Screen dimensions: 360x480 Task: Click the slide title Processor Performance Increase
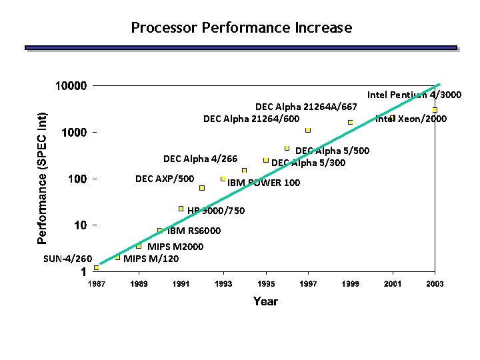point(241,27)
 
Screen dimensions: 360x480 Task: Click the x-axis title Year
point(265,301)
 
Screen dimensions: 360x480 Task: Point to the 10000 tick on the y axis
point(70,86)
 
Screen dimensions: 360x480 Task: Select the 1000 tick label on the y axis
point(74,133)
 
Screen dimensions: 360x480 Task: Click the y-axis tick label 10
point(80,225)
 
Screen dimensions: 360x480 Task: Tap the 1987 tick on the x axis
point(96,284)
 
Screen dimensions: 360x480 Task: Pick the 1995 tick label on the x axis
point(266,284)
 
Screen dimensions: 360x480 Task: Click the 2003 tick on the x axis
point(435,284)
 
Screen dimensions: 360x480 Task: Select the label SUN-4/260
point(67,258)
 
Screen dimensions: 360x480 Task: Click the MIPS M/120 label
point(151,258)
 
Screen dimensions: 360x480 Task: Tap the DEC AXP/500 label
point(165,179)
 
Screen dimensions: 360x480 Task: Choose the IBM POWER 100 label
point(263,183)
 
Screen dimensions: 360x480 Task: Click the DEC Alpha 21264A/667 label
point(307,107)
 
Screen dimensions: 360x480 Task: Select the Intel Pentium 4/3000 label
point(414,95)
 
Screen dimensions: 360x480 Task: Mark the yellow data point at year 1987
point(96,267)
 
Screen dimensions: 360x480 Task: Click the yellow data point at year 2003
point(434,109)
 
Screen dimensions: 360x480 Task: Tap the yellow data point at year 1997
point(308,130)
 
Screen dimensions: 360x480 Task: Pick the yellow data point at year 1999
point(350,122)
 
